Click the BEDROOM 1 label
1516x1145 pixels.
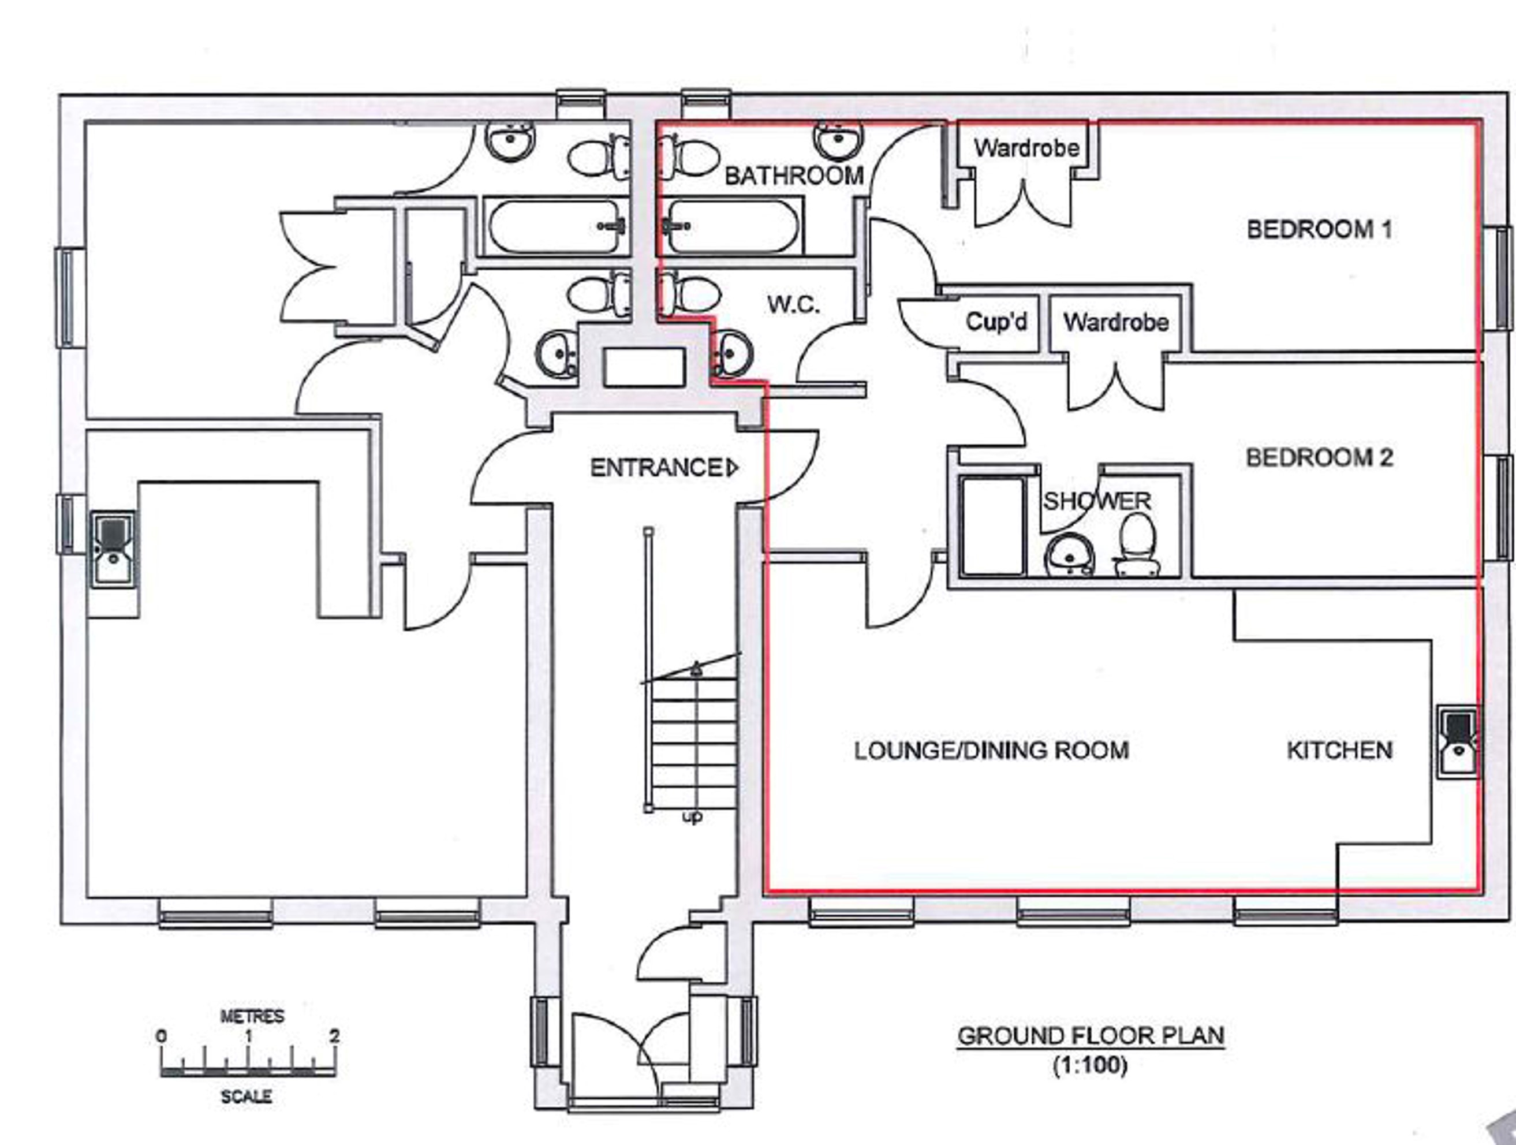click(x=1319, y=229)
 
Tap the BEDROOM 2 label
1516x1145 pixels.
click(x=1319, y=457)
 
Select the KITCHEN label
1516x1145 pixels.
click(x=1340, y=750)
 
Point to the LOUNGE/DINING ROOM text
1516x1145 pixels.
click(x=991, y=750)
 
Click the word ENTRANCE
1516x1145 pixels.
click(x=656, y=468)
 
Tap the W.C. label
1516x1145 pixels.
click(x=793, y=304)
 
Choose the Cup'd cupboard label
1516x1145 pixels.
click(x=996, y=321)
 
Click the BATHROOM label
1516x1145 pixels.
click(x=794, y=176)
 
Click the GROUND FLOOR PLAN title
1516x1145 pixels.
click(x=1091, y=1035)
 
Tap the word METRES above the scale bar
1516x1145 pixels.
click(x=252, y=1016)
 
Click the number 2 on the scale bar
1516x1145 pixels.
click(x=334, y=1035)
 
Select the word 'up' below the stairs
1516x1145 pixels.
click(x=692, y=817)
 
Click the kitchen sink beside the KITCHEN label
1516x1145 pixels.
click(x=1457, y=742)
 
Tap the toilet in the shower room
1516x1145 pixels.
click(x=1137, y=546)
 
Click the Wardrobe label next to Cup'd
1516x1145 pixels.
click(x=1116, y=322)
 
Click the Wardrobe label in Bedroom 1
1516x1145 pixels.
click(x=1026, y=147)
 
